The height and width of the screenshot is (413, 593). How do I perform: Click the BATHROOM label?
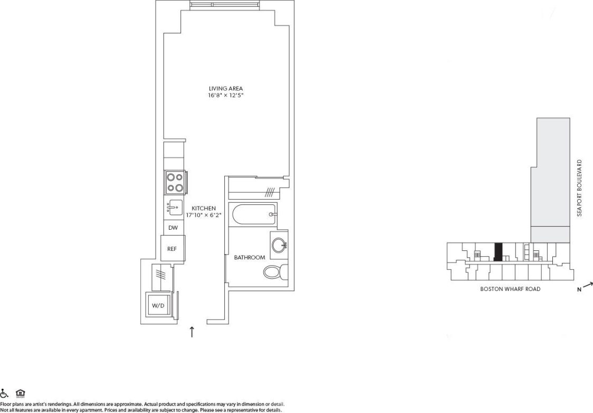pos(250,258)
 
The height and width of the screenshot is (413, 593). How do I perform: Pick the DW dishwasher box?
pos(173,228)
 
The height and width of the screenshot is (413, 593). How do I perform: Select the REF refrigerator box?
pos(173,248)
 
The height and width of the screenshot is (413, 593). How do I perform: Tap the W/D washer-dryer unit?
pos(158,305)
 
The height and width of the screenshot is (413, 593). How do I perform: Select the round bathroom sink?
pos(279,245)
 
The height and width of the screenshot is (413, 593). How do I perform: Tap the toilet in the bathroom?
pos(275,273)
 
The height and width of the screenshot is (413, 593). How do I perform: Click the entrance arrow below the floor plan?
pos(192,332)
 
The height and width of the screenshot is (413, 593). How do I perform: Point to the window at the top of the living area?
pos(225,5)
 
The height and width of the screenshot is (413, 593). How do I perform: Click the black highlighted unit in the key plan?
pos(497,252)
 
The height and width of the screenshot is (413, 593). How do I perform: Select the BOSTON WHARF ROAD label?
pos(510,289)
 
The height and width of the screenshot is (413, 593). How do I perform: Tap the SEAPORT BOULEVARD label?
pos(579,188)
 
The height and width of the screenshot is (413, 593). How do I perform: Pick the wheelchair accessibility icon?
pos(5,393)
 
